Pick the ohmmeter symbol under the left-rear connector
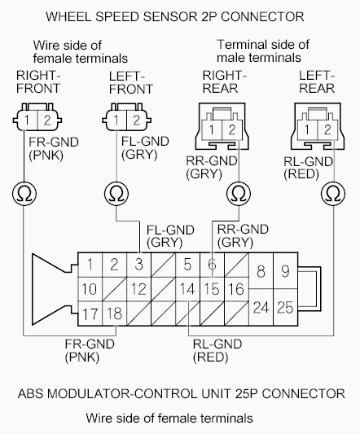(331, 194)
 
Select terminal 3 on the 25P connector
(139, 264)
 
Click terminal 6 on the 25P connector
(212, 264)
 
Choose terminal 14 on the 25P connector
(187, 287)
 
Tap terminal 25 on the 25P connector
(284, 308)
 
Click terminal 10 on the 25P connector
(90, 287)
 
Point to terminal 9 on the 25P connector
(284, 271)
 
